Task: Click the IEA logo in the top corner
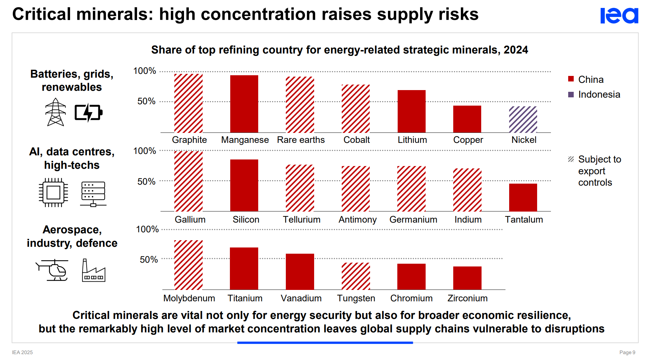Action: (x=619, y=16)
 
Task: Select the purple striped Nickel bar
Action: (x=523, y=119)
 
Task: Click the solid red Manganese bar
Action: (x=244, y=104)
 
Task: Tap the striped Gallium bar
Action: (x=188, y=181)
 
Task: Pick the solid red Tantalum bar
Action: (x=523, y=197)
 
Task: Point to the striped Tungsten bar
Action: (x=356, y=276)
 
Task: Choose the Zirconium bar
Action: (x=467, y=278)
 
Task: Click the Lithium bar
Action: (x=411, y=111)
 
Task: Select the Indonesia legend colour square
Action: (x=571, y=95)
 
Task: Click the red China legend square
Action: (x=571, y=79)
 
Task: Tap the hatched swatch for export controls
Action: (x=571, y=159)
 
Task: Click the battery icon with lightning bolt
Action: (x=89, y=113)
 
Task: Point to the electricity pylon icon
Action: (x=56, y=112)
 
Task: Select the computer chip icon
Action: (x=54, y=192)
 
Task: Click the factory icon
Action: (x=94, y=270)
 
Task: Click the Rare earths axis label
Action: (x=301, y=140)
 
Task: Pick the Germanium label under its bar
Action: (x=413, y=220)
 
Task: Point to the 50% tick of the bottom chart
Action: (x=149, y=260)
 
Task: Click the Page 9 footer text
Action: (x=627, y=352)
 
